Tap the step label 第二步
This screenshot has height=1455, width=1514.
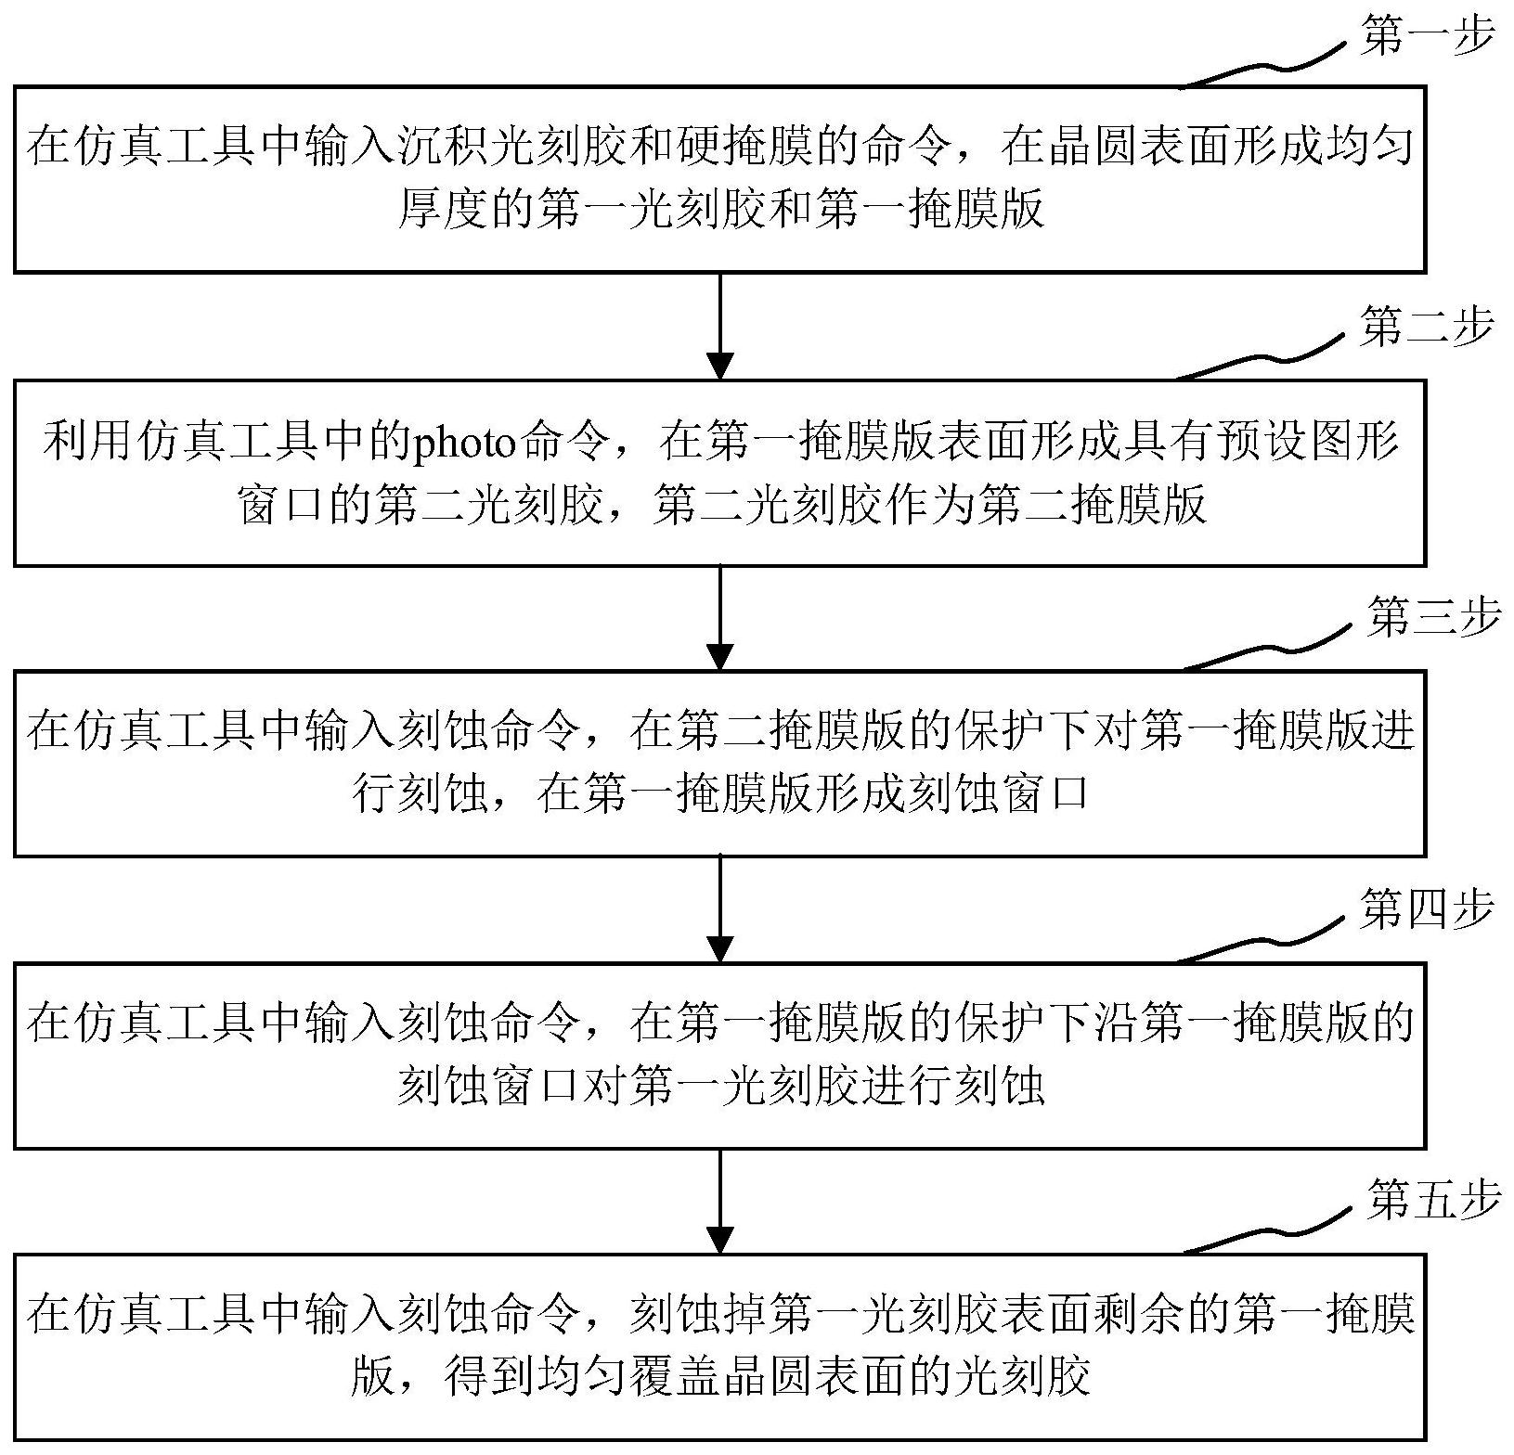pos(1427,328)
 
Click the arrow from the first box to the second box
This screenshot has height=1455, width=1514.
pos(720,326)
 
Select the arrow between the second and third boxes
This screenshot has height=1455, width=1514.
pos(720,618)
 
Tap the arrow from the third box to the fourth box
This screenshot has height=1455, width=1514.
pos(720,909)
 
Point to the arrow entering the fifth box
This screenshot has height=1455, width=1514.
pos(720,1201)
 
